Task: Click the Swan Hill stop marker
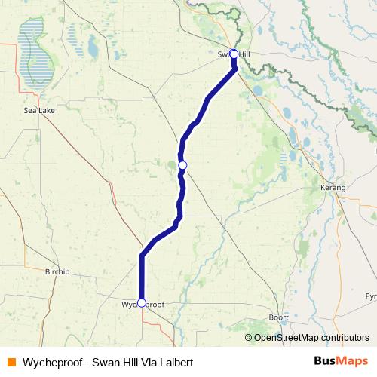pos(234,54)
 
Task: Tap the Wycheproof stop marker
pos(142,303)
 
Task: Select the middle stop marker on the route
pos(182,165)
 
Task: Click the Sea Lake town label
pos(37,109)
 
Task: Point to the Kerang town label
pos(332,186)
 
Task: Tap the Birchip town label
pos(57,271)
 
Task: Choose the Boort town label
pos(278,317)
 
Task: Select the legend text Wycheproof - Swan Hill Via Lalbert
pos(108,362)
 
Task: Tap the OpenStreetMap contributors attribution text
pos(311,337)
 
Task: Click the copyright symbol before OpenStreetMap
pos(249,337)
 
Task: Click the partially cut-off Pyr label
pos(370,296)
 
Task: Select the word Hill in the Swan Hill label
pos(245,54)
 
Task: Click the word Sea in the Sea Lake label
pos(29,109)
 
